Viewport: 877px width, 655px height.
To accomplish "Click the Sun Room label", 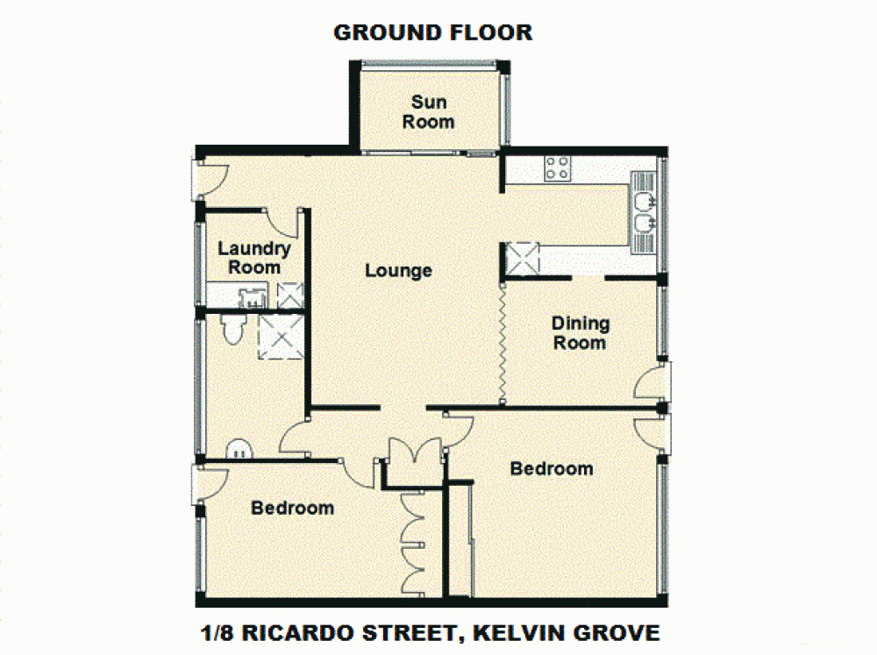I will tap(428, 111).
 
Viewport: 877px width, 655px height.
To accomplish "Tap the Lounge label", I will tap(398, 270).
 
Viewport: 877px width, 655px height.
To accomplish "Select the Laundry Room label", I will tap(254, 258).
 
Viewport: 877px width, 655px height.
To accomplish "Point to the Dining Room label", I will tap(580, 332).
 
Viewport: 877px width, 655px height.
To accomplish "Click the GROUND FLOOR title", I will tap(432, 32).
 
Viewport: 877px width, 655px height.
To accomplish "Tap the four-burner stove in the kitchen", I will tap(557, 167).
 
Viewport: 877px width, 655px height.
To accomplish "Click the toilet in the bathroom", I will tap(233, 329).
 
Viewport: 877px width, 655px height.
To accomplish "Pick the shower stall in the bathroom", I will tap(281, 337).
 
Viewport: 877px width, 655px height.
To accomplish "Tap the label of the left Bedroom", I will tap(292, 508).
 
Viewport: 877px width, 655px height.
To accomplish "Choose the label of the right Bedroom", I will tap(552, 468).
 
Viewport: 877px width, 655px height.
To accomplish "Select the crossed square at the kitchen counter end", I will tap(524, 259).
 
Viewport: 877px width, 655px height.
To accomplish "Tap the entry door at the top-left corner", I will tap(210, 179).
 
